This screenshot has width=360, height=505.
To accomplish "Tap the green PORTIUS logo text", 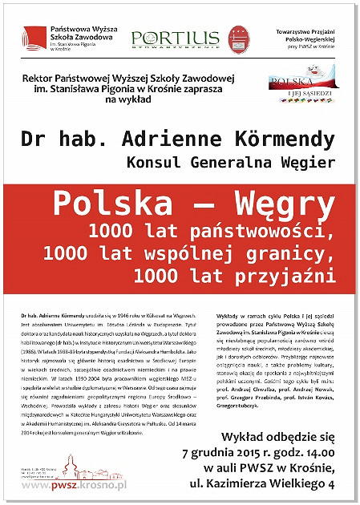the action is [164, 38].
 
